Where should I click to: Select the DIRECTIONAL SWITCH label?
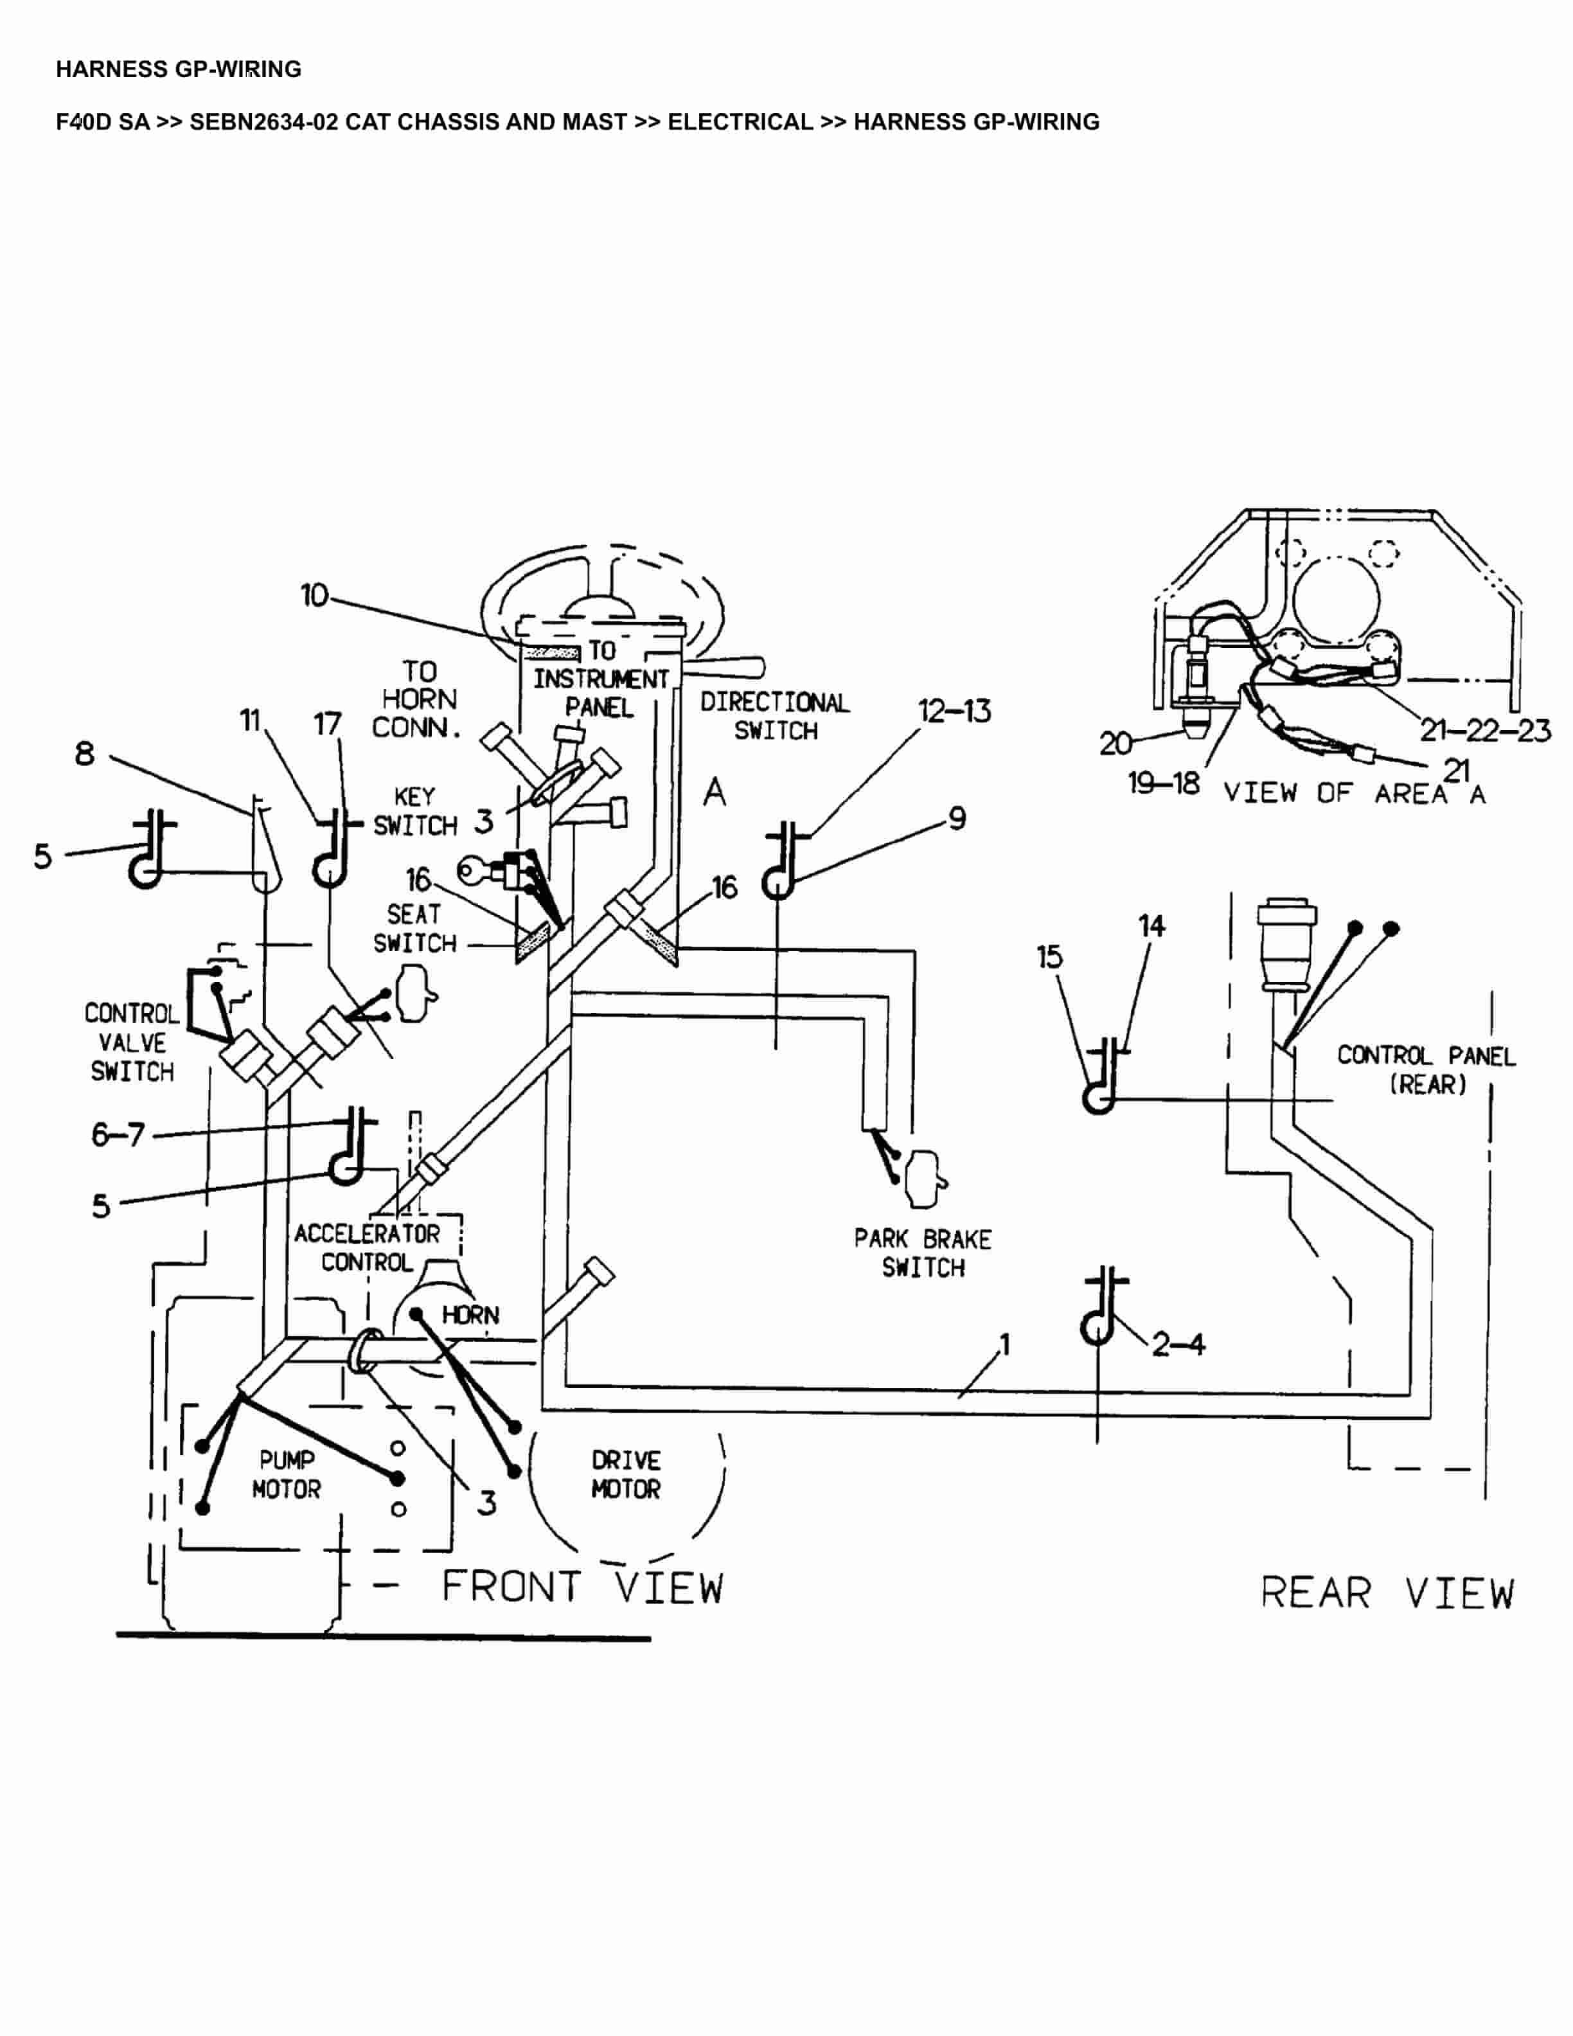(x=774, y=716)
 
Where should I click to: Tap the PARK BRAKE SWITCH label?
(x=923, y=1253)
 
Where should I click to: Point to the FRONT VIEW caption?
(x=582, y=1587)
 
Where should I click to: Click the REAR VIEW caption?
(x=1387, y=1593)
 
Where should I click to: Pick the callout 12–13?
(x=954, y=711)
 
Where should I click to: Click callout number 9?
(x=957, y=819)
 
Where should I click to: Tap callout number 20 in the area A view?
(x=1114, y=743)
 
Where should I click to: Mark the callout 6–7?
(x=118, y=1134)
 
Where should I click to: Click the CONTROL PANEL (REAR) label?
(x=1426, y=1069)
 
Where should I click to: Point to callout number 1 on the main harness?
(x=1004, y=1344)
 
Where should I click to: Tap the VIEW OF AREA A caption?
(x=1353, y=793)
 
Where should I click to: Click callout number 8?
(x=85, y=753)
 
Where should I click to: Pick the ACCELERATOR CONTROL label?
(x=366, y=1247)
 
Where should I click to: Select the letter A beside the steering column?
(x=714, y=792)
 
